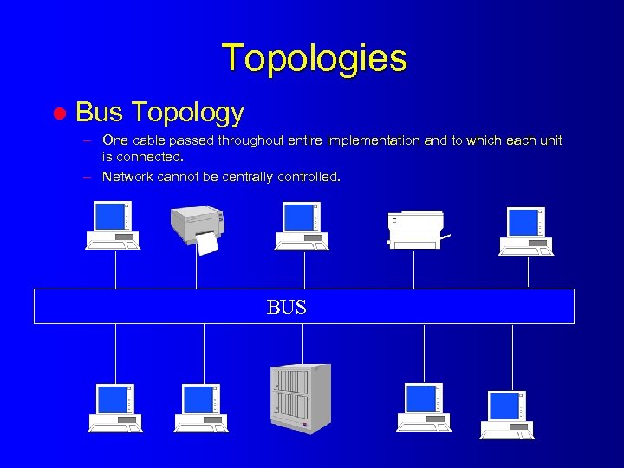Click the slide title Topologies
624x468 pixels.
314,58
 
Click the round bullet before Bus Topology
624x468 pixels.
61,114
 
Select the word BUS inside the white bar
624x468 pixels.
287,307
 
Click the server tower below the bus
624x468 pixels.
301,398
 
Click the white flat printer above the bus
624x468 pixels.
416,229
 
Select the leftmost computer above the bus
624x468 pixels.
113,225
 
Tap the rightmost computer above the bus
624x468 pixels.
526,231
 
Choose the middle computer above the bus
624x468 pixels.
302,225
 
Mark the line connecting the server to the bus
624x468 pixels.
302,343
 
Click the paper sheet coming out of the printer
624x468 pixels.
208,243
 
